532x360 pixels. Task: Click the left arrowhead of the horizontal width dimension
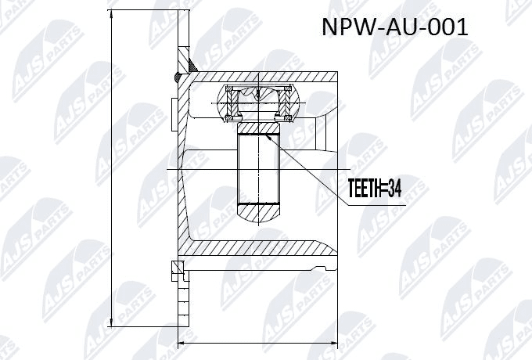click(183, 342)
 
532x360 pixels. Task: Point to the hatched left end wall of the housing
click(185, 168)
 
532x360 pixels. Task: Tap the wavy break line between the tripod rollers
click(259, 95)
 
